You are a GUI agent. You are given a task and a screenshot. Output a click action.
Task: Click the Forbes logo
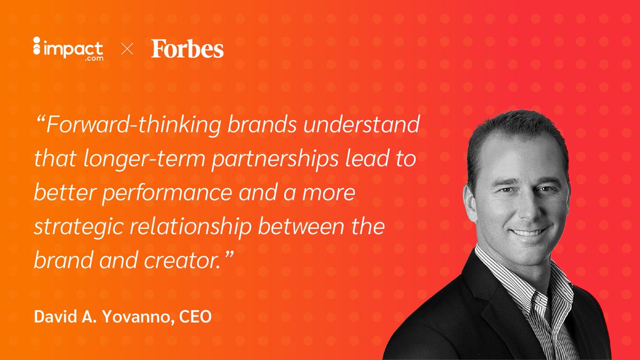pos(187,50)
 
